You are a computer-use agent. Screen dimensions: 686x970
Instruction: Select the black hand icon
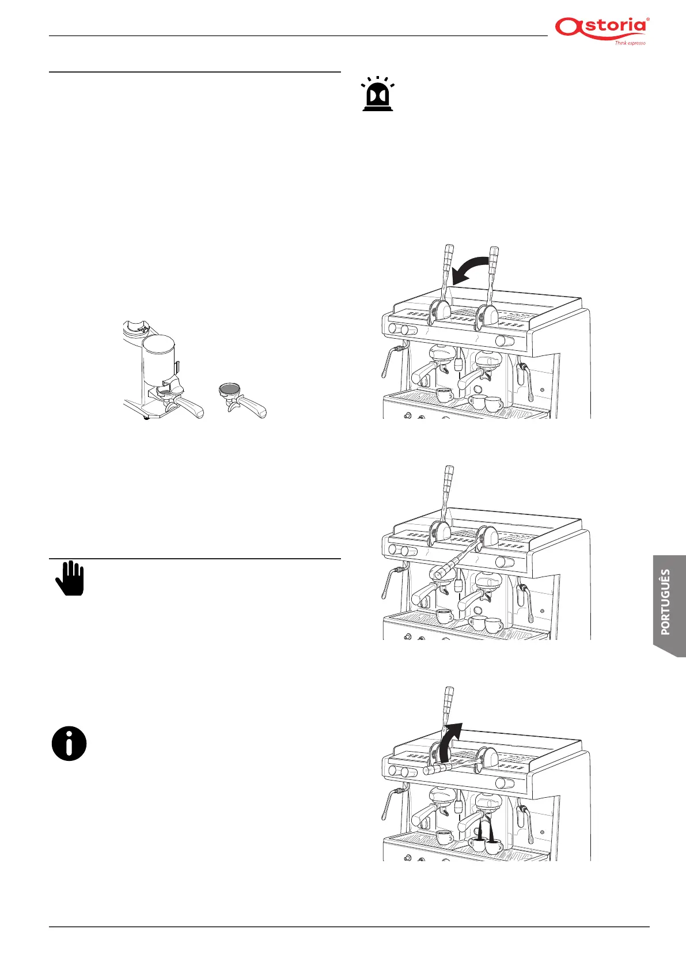click(x=70, y=578)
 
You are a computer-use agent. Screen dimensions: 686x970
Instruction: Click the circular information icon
click(x=69, y=744)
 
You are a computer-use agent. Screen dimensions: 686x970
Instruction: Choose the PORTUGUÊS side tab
click(x=668, y=602)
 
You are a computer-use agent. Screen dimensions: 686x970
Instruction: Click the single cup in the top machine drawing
click(x=444, y=395)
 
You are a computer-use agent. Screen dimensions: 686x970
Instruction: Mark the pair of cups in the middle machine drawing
click(x=486, y=624)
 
